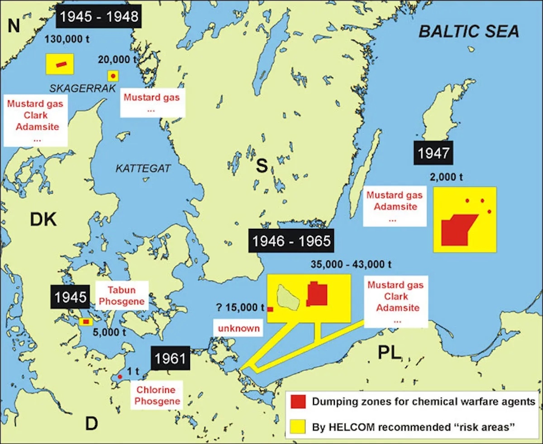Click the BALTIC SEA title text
tap(469, 31)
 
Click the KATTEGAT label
tap(143, 169)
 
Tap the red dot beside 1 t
tap(120, 377)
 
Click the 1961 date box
tap(170, 359)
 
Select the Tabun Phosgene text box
tap(121, 296)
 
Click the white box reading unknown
tap(238, 328)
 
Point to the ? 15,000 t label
tap(240, 308)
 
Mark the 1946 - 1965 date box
tap(292, 241)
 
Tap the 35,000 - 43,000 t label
tap(351, 264)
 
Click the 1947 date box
tap(433, 153)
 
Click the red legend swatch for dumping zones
tap(299, 401)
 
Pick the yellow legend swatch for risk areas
tap(299, 426)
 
